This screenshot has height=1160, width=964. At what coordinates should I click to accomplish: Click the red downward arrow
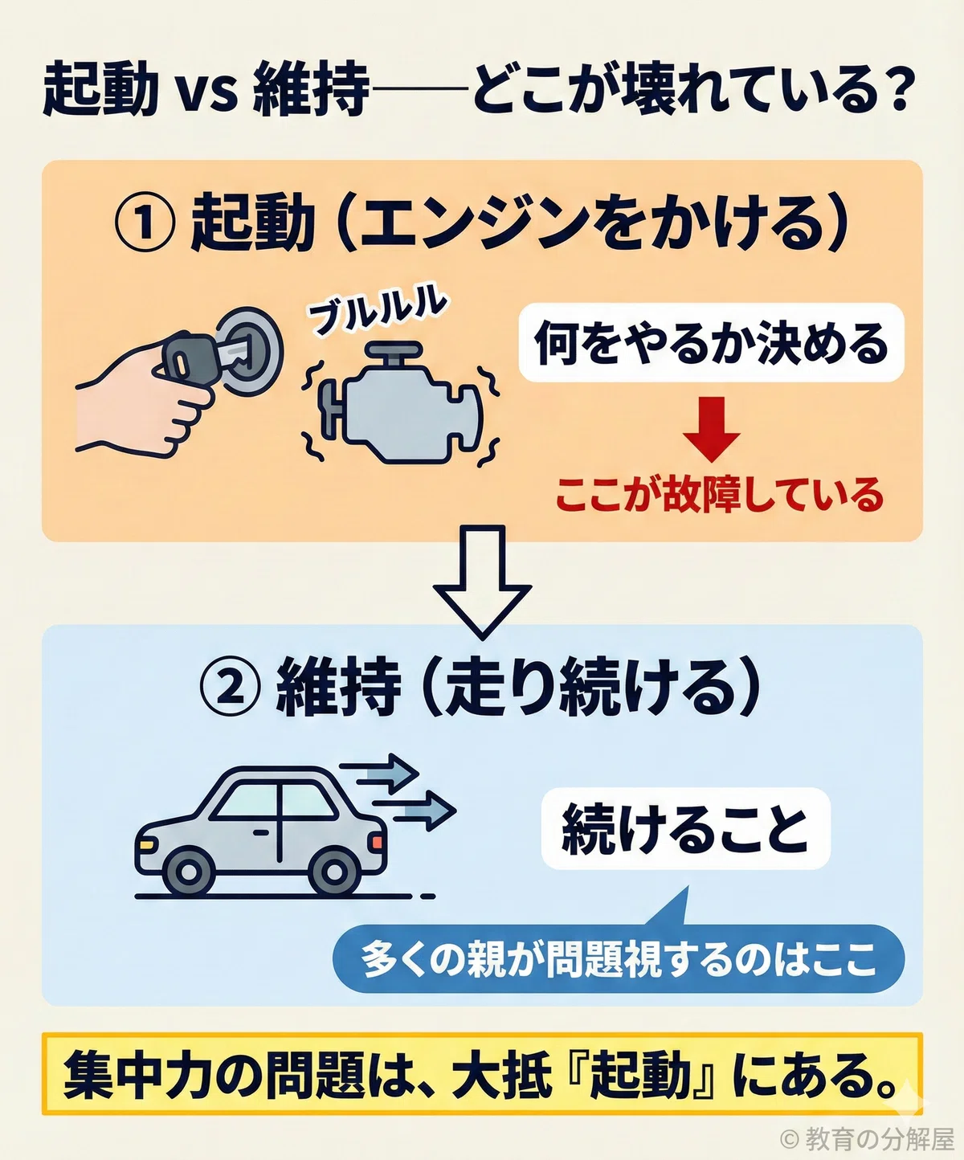tap(711, 428)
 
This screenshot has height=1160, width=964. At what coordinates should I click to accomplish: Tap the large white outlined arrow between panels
tap(482, 581)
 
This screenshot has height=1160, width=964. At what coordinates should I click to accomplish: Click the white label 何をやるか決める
tap(711, 343)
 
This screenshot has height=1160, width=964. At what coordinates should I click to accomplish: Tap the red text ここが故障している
tap(720, 494)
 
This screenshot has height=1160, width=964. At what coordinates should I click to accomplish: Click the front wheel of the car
tap(189, 872)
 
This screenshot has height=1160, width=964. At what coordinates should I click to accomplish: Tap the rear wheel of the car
tap(334, 872)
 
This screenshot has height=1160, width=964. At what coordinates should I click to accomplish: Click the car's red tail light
tap(378, 842)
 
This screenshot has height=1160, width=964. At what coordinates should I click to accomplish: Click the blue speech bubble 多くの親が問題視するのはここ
tap(619, 958)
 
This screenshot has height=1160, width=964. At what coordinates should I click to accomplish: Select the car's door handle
tap(259, 832)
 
